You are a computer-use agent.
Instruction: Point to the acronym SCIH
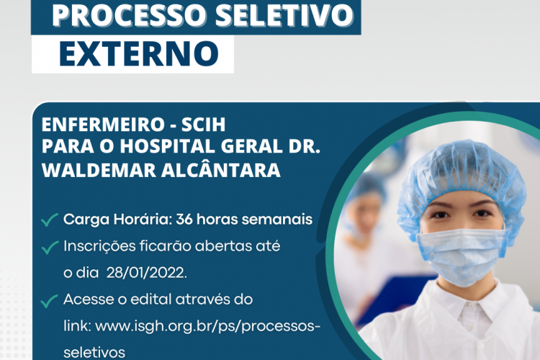(x=209, y=125)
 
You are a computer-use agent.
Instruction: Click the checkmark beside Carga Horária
(x=50, y=220)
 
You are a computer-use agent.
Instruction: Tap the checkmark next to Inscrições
(x=50, y=248)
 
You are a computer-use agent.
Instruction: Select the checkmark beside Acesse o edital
(x=50, y=300)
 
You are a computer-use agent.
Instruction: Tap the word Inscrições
(x=100, y=246)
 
